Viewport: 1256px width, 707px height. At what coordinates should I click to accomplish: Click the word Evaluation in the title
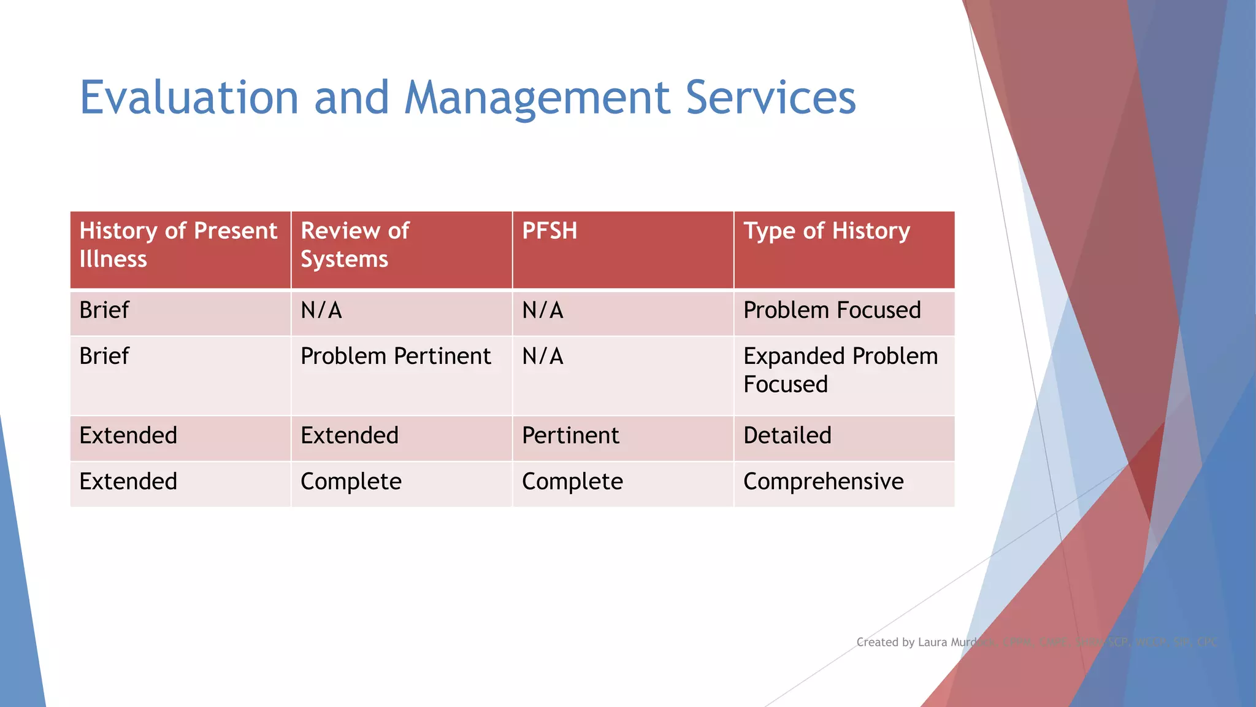click(x=189, y=98)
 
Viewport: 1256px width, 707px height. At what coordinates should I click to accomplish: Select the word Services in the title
click(x=770, y=98)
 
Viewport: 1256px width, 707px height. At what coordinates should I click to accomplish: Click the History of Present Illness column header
click(x=178, y=245)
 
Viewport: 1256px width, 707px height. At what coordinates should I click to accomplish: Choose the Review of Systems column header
click(x=355, y=245)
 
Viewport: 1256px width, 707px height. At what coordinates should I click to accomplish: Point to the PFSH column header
click(x=549, y=231)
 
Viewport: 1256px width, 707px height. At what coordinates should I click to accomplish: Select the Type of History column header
click(x=826, y=231)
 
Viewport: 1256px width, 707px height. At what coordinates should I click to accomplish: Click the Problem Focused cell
click(x=832, y=311)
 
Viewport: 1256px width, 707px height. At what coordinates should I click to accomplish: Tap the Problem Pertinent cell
click(x=396, y=357)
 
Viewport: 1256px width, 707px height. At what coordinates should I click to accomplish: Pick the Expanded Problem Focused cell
click(x=840, y=370)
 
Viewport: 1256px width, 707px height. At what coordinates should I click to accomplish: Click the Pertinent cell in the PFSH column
click(x=570, y=436)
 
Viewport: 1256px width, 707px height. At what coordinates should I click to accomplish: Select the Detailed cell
click(x=787, y=436)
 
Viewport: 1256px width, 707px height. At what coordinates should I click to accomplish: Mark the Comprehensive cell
click(x=823, y=482)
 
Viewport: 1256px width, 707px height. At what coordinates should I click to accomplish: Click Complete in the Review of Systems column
click(x=351, y=482)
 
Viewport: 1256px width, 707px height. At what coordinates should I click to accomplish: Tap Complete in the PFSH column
click(x=572, y=482)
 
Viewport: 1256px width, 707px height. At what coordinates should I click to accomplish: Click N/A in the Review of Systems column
click(x=321, y=311)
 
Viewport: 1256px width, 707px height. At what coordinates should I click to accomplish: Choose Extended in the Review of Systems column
click(x=350, y=436)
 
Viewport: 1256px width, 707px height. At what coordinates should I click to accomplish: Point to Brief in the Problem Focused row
click(x=104, y=311)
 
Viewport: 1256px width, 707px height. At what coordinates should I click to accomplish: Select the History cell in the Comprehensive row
click(x=128, y=482)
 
